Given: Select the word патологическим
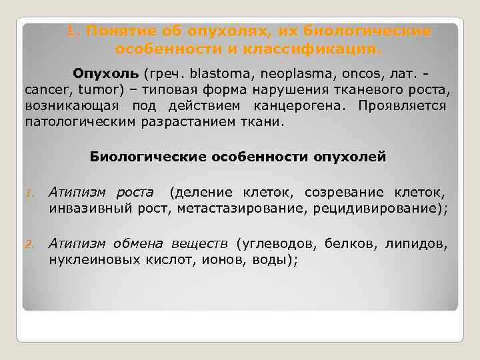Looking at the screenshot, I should pos(72,123).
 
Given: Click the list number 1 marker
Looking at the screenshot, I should pos(29,194).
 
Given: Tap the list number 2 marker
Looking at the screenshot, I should pos(29,244).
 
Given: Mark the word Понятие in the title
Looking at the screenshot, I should pos(117,31).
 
